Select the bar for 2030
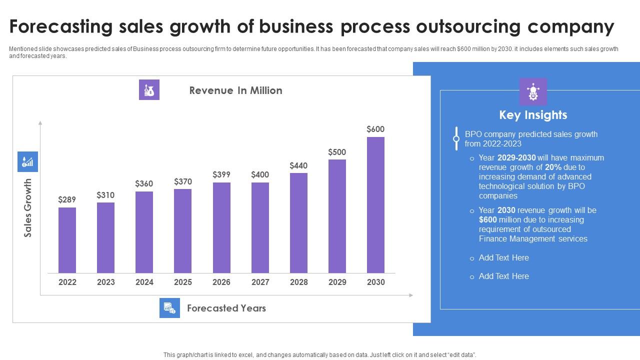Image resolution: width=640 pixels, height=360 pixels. tap(375, 205)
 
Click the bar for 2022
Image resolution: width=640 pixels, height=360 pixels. tap(67, 240)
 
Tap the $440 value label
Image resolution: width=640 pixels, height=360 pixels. tap(298, 165)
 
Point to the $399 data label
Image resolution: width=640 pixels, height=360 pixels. tap(221, 174)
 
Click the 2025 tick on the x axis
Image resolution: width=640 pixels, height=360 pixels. tap(183, 282)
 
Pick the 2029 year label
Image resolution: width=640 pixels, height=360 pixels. tap(337, 282)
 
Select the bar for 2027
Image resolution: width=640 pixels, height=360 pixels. tap(260, 227)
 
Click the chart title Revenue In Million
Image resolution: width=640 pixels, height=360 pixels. tap(235, 90)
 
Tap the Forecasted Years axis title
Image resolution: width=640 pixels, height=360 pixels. tap(226, 308)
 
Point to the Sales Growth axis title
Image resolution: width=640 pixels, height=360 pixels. tap(28, 207)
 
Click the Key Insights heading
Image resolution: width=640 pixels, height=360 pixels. tap(533, 115)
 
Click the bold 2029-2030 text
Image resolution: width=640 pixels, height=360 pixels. tap(516, 157)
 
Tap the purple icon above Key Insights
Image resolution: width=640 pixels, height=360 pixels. tap(533, 91)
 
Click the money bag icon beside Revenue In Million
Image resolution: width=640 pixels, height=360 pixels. tap(149, 90)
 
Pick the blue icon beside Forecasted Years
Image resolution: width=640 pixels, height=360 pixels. tap(169, 308)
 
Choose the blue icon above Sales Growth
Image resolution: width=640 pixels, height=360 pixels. tap(27, 162)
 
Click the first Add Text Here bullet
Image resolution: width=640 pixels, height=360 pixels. tap(503, 257)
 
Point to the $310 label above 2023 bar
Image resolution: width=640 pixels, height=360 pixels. tap(105, 195)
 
